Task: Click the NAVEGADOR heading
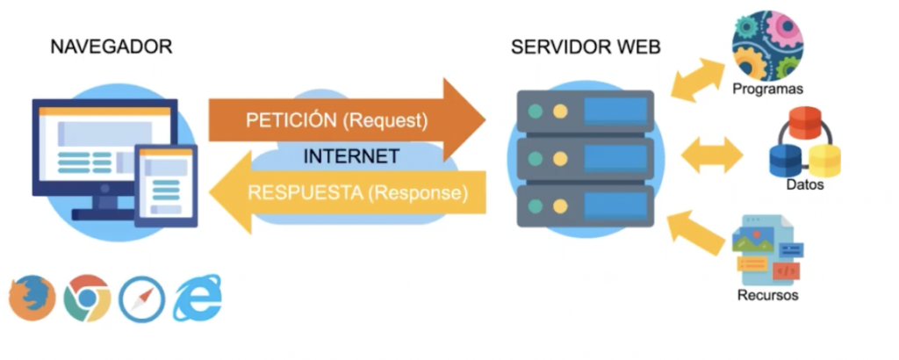(x=111, y=47)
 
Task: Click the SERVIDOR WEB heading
(x=586, y=47)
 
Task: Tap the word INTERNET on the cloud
(x=351, y=157)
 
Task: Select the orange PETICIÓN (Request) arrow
(x=342, y=119)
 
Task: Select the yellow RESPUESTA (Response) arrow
(x=351, y=193)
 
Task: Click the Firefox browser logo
(x=32, y=299)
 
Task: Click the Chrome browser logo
(x=87, y=299)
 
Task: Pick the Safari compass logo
(x=141, y=299)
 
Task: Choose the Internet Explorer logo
(x=198, y=299)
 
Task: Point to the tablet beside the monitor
(x=165, y=185)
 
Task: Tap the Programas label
(x=768, y=90)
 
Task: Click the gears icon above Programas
(x=767, y=44)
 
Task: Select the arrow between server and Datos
(x=712, y=155)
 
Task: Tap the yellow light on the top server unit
(x=560, y=112)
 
